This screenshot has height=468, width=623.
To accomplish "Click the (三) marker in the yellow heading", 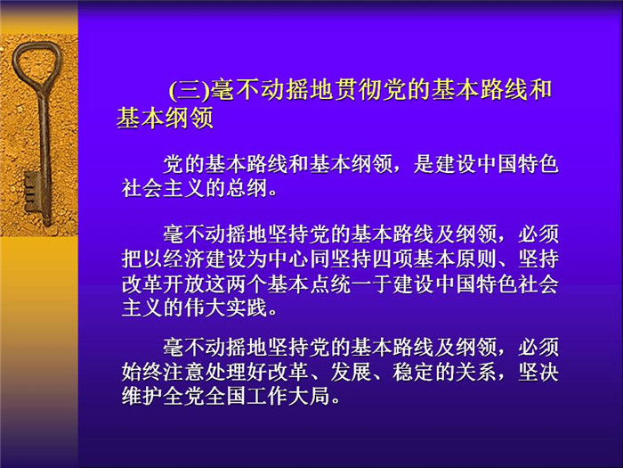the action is (190, 90).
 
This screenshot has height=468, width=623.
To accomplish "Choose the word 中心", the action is (289, 259).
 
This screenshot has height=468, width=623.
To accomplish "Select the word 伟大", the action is (205, 308).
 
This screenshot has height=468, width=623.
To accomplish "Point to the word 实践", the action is (247, 308).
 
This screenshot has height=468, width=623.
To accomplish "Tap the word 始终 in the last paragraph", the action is (142, 373).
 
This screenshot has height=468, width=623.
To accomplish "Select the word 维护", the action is (142, 397).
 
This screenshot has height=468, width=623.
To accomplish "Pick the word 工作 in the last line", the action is (268, 397).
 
